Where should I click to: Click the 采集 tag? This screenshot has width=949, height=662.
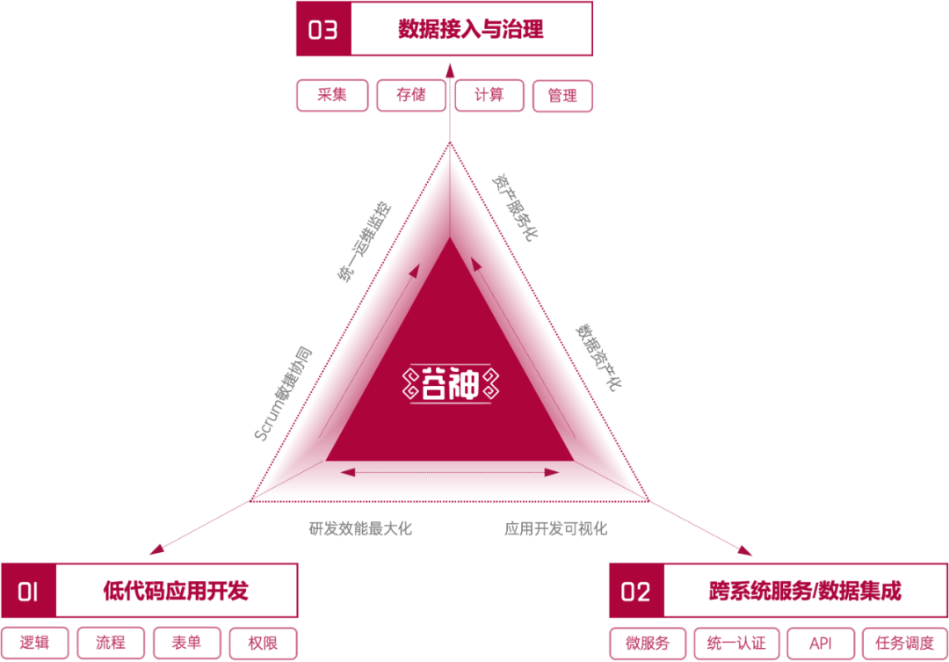pyautogui.click(x=332, y=95)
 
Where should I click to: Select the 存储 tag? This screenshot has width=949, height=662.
pyautogui.click(x=410, y=95)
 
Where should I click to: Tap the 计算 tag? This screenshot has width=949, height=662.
pyautogui.click(x=489, y=95)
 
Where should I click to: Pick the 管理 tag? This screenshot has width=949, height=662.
pyautogui.click(x=562, y=96)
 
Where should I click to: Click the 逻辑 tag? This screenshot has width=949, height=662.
pyautogui.click(x=34, y=643)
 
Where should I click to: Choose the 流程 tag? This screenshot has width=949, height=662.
pyautogui.click(x=111, y=643)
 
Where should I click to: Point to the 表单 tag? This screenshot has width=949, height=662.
pyautogui.click(x=186, y=643)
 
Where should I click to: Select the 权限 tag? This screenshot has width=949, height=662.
pyautogui.click(x=263, y=643)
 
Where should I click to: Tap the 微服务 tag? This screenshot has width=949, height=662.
pyautogui.click(x=647, y=644)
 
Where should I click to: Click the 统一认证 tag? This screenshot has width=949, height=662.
pyautogui.click(x=736, y=644)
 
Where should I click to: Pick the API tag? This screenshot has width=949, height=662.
pyautogui.click(x=821, y=644)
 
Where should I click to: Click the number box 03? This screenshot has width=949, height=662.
pyautogui.click(x=322, y=30)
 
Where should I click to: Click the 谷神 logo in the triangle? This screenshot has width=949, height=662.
pyautogui.click(x=450, y=384)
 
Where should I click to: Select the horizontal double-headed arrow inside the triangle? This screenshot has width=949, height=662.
pyautogui.click(x=451, y=473)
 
